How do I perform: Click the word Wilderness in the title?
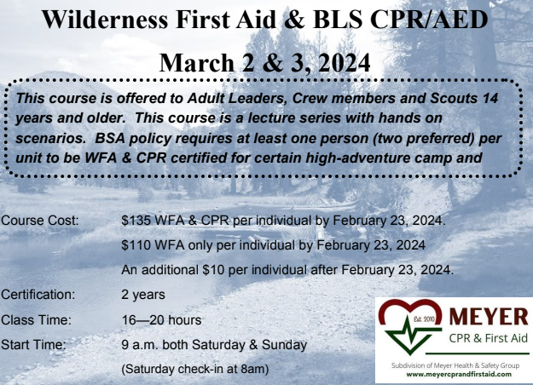(105, 20)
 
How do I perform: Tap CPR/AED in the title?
(429, 20)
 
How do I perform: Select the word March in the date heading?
(196, 63)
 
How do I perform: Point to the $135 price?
(136, 221)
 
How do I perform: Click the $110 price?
(136, 245)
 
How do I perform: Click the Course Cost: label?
(40, 221)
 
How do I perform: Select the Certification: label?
(38, 295)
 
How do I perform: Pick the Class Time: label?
(36, 319)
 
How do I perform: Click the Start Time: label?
(33, 345)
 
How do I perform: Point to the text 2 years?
(143, 295)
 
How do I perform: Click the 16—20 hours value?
(161, 319)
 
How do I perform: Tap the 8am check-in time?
(252, 369)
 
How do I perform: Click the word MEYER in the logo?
(489, 316)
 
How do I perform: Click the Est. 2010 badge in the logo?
(423, 319)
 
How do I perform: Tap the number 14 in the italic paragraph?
(490, 99)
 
